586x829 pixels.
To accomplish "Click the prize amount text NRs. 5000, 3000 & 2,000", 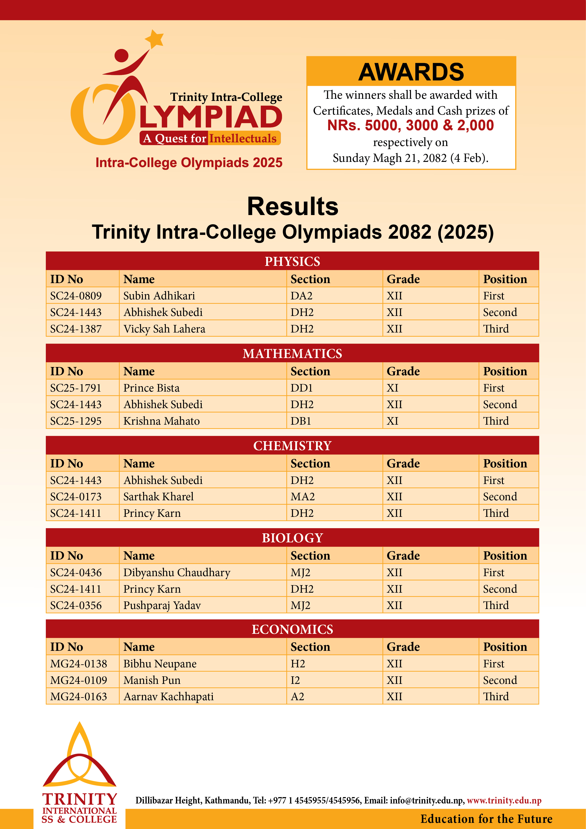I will [410, 125].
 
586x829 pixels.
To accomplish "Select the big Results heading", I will [293, 207].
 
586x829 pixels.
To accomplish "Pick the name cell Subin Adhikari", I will [159, 296].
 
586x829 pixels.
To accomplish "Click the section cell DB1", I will [301, 421].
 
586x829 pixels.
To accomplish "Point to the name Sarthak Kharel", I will [158, 497].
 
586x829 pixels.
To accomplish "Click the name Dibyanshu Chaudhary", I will [177, 573].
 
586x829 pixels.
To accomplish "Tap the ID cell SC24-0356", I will [76, 605].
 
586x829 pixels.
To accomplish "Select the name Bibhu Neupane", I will [160, 664].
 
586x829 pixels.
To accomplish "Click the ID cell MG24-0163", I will [78, 696].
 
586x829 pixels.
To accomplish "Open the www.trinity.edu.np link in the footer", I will [504, 800].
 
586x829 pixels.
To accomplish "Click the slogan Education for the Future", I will [486, 819].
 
